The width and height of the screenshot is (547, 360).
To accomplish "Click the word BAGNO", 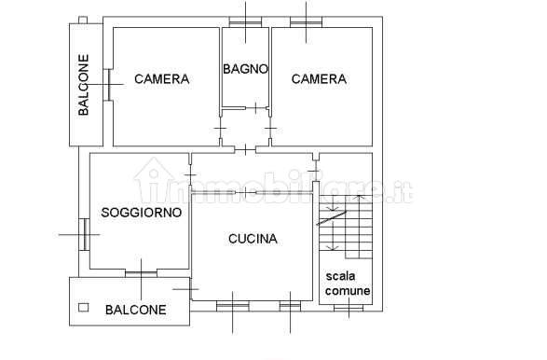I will click(245, 68).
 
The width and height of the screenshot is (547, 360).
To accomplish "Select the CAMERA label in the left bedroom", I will click(161, 79).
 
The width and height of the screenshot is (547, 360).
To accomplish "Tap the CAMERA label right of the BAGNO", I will click(319, 79).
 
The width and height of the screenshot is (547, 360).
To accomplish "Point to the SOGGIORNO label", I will click(142, 212).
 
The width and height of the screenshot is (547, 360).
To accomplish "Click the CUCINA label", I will click(253, 239).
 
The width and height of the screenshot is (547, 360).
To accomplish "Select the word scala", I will click(342, 276).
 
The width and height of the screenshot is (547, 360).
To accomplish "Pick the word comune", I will click(347, 291).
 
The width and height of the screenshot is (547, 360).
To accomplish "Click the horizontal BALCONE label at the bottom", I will click(136, 310).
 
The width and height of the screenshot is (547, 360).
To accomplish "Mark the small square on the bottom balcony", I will click(83, 307).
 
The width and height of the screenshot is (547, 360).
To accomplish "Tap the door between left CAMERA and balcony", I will click(109, 84).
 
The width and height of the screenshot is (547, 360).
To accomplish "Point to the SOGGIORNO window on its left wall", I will click(84, 233).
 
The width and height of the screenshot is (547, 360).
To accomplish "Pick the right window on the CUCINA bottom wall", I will click(290, 304).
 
